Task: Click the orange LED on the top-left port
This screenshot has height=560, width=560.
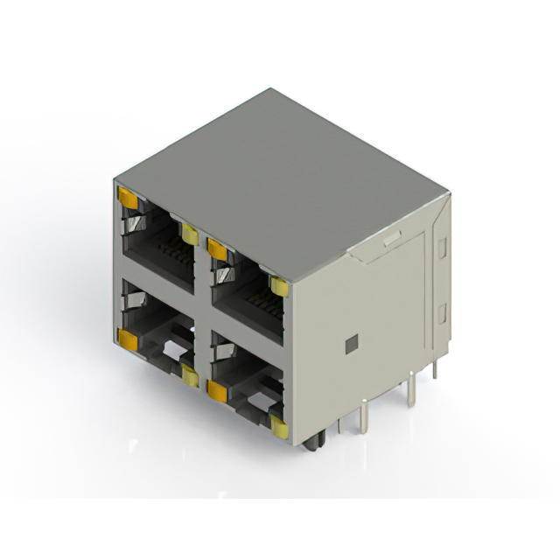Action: coord(128,199)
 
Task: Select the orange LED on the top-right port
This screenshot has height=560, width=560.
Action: coord(217,250)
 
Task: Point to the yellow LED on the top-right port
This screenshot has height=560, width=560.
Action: coord(279,286)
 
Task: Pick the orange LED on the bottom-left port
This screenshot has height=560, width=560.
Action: coord(128,340)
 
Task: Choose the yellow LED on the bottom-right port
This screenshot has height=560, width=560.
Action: coord(279,427)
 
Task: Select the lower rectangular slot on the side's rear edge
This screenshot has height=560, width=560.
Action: coord(442,312)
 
